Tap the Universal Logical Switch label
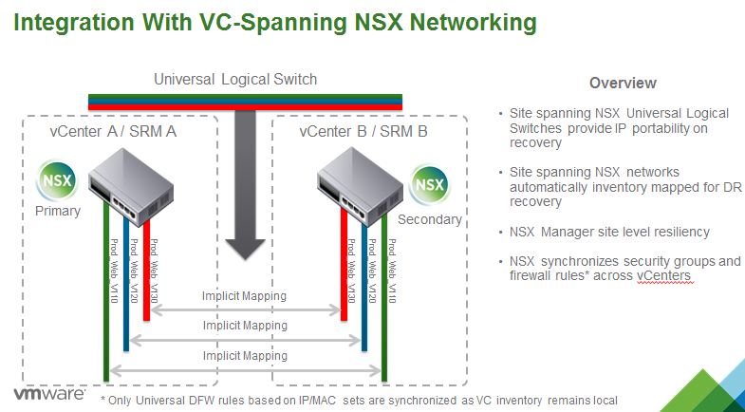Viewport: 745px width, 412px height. [235, 79]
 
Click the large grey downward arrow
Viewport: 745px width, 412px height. [246, 180]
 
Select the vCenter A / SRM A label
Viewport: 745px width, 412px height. [113, 131]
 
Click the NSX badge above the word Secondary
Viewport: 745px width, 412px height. [431, 182]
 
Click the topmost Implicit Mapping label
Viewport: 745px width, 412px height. [243, 296]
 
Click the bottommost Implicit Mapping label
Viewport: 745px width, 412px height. [243, 356]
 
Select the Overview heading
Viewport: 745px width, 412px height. [623, 83]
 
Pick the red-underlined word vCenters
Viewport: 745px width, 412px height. [663, 275]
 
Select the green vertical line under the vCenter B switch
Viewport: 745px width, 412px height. [385, 304]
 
